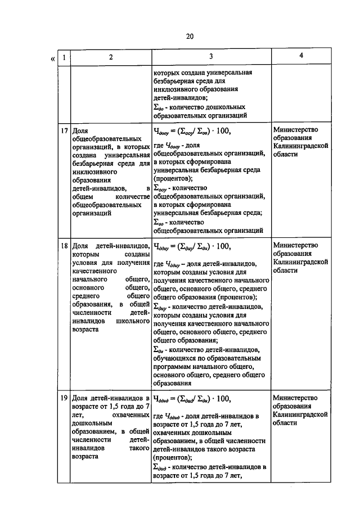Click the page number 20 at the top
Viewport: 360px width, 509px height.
(190, 37)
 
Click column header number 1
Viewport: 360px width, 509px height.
(65, 57)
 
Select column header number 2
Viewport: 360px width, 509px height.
(111, 57)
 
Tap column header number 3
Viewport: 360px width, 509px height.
(210, 57)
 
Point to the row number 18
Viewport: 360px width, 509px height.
(64, 245)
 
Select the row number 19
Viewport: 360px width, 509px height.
(64, 398)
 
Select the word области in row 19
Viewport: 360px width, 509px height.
(285, 423)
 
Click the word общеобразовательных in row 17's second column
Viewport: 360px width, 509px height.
(105, 138)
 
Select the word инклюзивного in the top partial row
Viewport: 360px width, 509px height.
(176, 89)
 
